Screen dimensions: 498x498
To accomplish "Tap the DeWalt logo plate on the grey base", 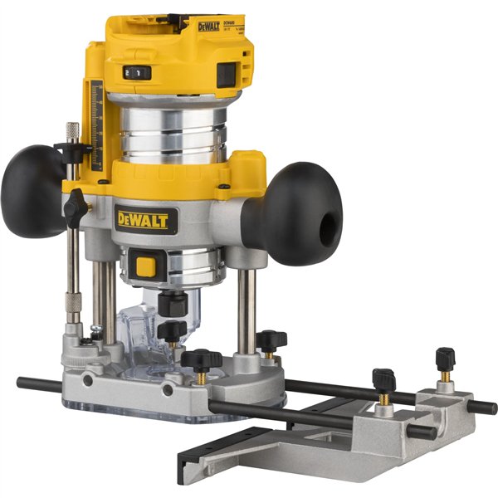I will (145, 219).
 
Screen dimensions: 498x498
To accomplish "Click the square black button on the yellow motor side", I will (226, 74).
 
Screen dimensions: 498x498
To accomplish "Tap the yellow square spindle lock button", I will (146, 267).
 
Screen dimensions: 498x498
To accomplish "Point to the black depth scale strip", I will (96, 124).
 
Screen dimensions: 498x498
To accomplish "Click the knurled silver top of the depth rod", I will (72, 131).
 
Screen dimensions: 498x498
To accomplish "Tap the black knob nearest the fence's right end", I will (445, 359).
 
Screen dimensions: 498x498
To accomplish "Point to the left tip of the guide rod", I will (21, 383).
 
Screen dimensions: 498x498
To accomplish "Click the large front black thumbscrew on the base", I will (202, 361).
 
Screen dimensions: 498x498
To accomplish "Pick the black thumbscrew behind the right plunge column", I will (271, 339).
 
